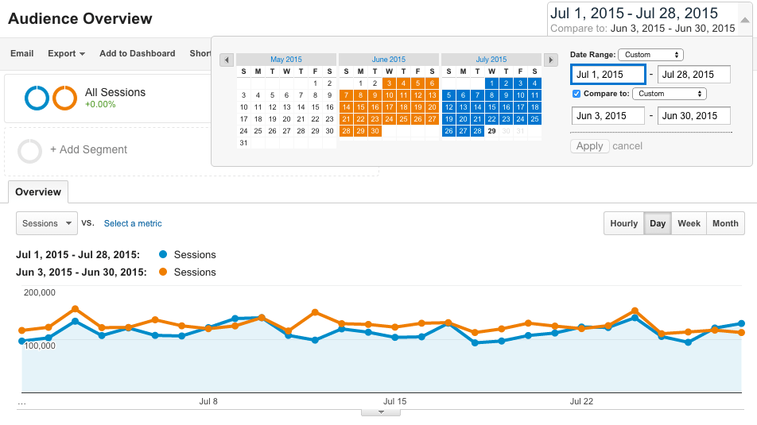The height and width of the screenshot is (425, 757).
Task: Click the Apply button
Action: click(590, 146)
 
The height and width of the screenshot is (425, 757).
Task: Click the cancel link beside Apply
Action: click(627, 146)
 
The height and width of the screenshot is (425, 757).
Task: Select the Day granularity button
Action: click(658, 223)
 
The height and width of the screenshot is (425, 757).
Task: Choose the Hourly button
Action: click(624, 223)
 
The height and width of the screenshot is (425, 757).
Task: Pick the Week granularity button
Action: click(689, 223)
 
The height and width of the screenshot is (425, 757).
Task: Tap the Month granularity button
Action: click(725, 223)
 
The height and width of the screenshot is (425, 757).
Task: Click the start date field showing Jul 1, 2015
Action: click(608, 75)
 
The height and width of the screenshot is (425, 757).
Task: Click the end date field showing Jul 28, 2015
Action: click(694, 75)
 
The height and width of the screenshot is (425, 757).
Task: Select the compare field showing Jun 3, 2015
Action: click(608, 116)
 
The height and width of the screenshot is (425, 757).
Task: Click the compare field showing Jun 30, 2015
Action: click(694, 116)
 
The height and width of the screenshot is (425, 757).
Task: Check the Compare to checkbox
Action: click(576, 94)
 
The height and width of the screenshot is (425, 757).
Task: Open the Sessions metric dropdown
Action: click(46, 223)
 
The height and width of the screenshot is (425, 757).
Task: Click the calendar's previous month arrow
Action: click(227, 60)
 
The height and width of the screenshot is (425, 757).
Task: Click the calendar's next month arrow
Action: click(550, 60)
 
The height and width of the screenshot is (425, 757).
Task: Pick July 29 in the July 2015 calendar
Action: click(492, 131)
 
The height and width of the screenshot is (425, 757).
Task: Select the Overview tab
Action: click(38, 192)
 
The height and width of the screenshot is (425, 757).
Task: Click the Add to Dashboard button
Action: click(137, 53)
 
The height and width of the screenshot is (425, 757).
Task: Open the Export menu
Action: click(66, 53)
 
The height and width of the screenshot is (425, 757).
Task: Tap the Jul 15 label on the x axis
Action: click(394, 401)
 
